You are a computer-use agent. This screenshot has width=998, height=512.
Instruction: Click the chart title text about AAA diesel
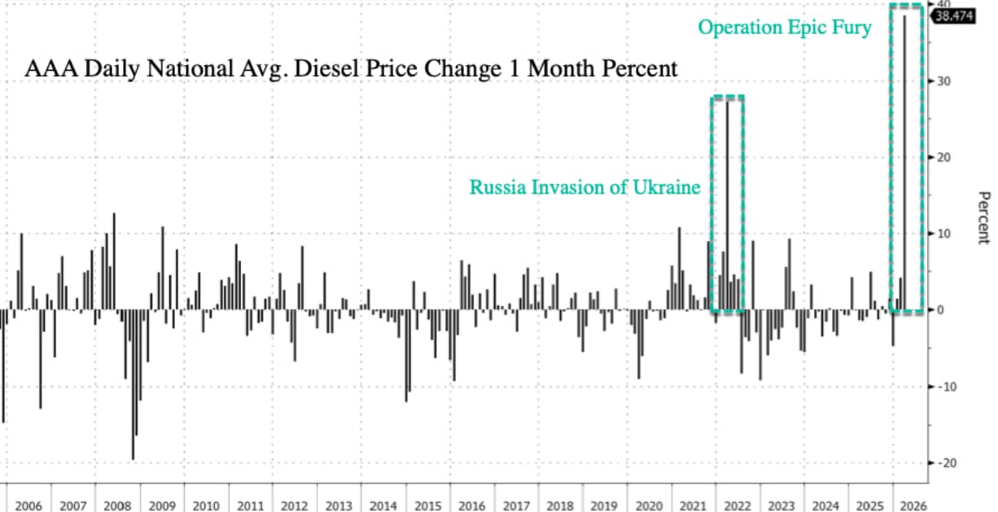[x=351, y=69]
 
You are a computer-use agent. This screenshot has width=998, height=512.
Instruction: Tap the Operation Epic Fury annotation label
[x=785, y=28]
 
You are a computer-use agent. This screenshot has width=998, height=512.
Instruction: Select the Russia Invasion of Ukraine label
[x=584, y=187]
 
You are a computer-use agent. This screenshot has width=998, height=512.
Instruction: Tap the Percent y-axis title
[x=983, y=217]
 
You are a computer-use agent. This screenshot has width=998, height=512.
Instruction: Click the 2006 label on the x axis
[x=29, y=505]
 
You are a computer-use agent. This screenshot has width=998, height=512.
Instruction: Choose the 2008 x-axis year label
[x=119, y=505]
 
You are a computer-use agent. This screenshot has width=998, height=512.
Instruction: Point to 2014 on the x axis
[x=385, y=505]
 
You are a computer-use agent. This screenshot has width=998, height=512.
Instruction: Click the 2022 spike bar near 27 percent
[x=727, y=203]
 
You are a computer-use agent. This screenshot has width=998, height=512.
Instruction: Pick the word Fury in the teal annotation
[x=851, y=28]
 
